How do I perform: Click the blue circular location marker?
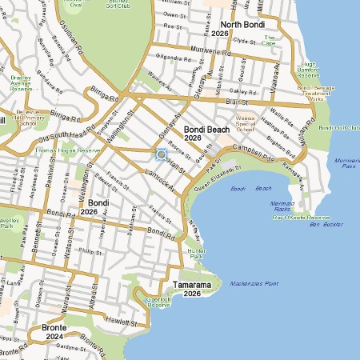(x=161, y=154)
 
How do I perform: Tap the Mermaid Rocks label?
(x=282, y=206)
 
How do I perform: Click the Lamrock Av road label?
(x=161, y=180)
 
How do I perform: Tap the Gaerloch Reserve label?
(x=158, y=302)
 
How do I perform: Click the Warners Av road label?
(x=160, y=82)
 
